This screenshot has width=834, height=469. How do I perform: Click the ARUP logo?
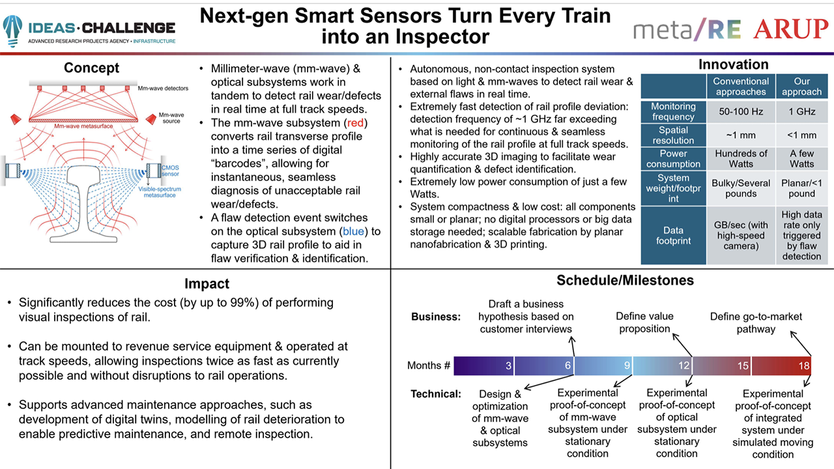[x=790, y=29]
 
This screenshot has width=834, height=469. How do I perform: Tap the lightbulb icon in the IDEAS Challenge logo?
[x=12, y=29]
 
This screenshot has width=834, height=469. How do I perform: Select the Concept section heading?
[x=91, y=68]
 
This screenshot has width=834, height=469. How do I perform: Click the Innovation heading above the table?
[x=733, y=64]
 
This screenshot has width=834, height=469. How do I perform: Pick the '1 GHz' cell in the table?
[x=801, y=111]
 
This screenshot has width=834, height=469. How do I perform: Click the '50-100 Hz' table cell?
[x=740, y=111]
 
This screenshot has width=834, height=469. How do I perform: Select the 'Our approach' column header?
[x=801, y=87]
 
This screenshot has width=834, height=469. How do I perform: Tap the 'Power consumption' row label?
[x=673, y=159]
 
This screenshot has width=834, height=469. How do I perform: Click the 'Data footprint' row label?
[x=673, y=235]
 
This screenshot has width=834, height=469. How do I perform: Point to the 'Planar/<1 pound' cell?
[x=801, y=188]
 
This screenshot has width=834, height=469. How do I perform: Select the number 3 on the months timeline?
[x=508, y=366]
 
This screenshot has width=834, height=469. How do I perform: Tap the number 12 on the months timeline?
[x=683, y=366]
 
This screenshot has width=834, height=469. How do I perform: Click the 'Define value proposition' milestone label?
[x=644, y=322]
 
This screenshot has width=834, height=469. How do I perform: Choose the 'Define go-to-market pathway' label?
[x=756, y=322]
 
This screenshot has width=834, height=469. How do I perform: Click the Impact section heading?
[x=207, y=283]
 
